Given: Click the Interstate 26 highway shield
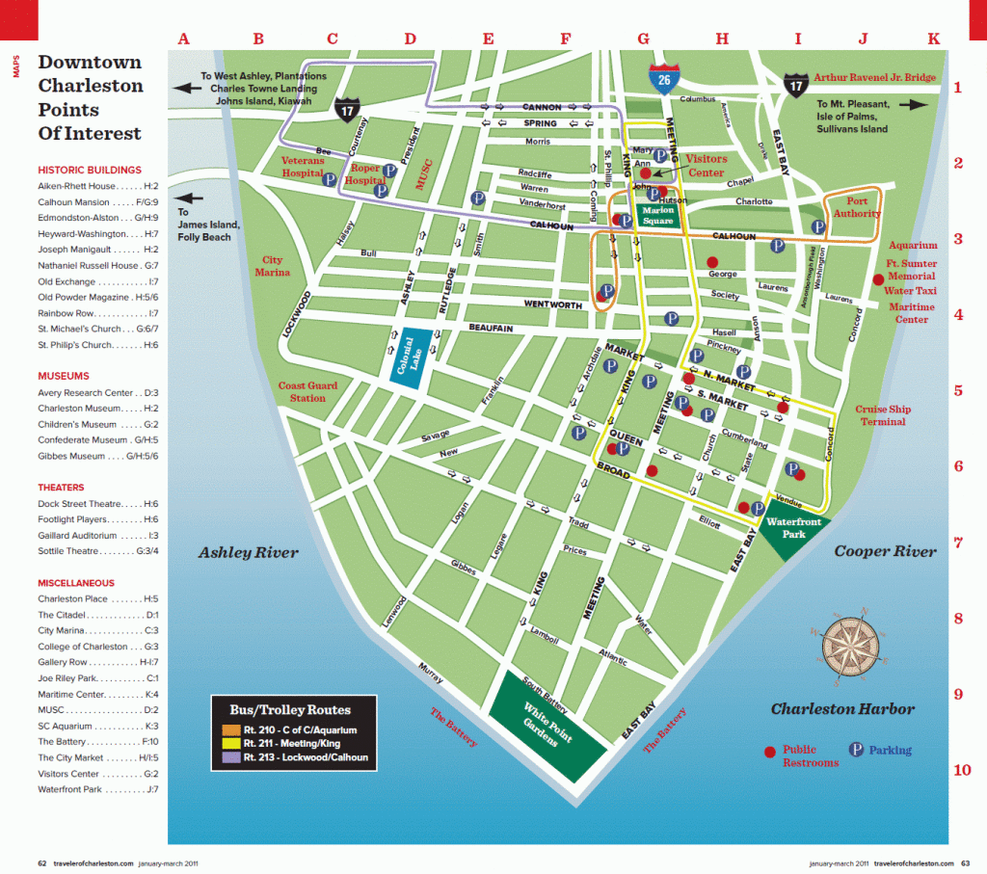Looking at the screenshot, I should coord(661,77).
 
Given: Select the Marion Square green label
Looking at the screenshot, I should coord(659,214).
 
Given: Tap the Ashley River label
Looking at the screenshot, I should coord(249,553).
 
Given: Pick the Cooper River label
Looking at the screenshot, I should coord(885,551).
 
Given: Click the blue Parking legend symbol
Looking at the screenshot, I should coord(855,750).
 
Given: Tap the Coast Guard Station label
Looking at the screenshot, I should coord(308,391).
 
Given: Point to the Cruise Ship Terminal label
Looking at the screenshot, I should coord(883,415).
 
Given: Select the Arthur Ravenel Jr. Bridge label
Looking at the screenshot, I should coord(874,77).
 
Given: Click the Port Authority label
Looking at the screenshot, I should coord(857,207).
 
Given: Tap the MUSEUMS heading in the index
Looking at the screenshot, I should coord(64,376).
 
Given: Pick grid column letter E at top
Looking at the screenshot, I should coord(488,40).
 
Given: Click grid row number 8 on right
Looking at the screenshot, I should coord(958,620).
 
